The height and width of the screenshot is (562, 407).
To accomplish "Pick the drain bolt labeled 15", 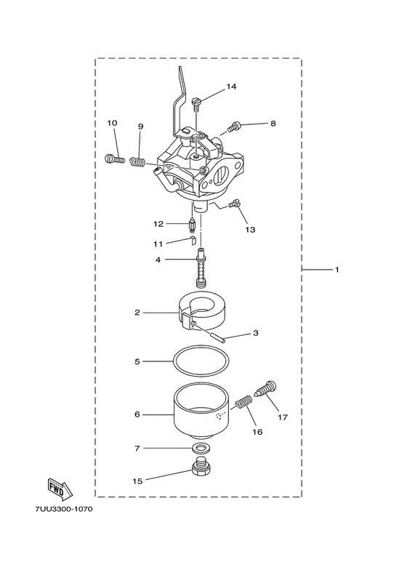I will pyautogui.click(x=201, y=470).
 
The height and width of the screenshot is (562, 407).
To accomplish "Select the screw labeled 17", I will pyautogui.click(x=266, y=390).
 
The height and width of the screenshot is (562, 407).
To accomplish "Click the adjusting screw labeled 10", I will pyautogui.click(x=113, y=156).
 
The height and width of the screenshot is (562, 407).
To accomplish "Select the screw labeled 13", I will pyautogui.click(x=234, y=205).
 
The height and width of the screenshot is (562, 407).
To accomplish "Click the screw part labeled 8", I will pyautogui.click(x=234, y=127).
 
